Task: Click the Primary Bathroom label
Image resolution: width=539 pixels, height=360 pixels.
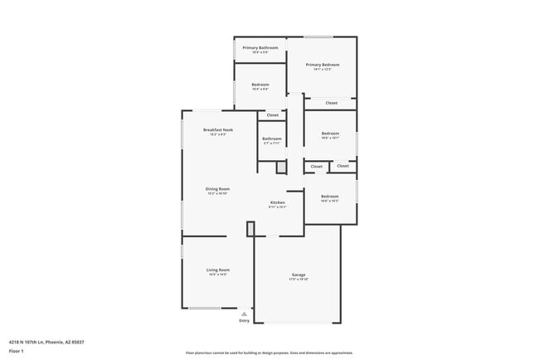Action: pyautogui.click(x=260, y=47)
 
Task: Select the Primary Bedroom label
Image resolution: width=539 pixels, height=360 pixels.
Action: pyautogui.click(x=323, y=64)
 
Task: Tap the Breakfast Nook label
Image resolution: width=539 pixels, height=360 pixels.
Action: pyautogui.click(x=217, y=129)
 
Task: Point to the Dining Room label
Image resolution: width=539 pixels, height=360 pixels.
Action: pyautogui.click(x=217, y=188)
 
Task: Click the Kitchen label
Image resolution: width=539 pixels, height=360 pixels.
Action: pyautogui.click(x=278, y=202)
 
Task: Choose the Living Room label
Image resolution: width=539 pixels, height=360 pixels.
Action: pyautogui.click(x=218, y=270)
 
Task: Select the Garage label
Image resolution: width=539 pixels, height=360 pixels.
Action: pyautogui.click(x=299, y=275)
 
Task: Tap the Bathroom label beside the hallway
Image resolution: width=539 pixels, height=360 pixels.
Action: pyautogui.click(x=272, y=139)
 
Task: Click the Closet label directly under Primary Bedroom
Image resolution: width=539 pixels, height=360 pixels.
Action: pyautogui.click(x=331, y=103)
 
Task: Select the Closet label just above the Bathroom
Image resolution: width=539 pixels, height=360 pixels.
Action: pyautogui.click(x=272, y=114)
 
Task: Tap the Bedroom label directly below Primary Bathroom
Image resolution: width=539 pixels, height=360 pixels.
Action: pyautogui.click(x=260, y=85)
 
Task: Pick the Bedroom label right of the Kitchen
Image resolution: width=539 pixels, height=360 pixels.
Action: pyautogui.click(x=330, y=197)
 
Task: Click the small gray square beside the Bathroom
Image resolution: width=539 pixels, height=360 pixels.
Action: pyautogui.click(x=281, y=168)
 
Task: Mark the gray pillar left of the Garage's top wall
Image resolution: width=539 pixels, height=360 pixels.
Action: pyautogui.click(x=250, y=229)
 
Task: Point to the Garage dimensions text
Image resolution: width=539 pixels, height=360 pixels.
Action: pyautogui.click(x=299, y=280)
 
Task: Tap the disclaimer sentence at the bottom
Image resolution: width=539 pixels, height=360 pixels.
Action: pyautogui.click(x=269, y=352)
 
